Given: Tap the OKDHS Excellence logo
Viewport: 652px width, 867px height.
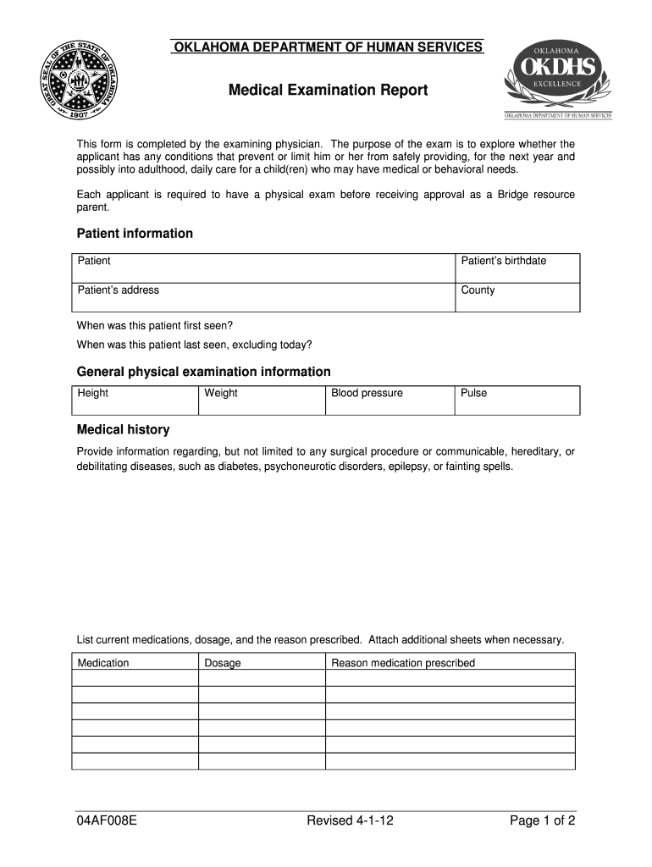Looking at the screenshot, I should [557, 78].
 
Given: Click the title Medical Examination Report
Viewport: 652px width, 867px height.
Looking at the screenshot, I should [327, 91].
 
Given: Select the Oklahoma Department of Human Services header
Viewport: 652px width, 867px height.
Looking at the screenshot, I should [327, 47].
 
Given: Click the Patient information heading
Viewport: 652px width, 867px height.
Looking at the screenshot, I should [135, 233].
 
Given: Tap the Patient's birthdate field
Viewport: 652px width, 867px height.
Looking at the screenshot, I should [517, 268].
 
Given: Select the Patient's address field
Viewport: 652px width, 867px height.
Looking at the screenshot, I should [263, 297].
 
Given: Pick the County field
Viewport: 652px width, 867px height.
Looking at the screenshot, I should [517, 297].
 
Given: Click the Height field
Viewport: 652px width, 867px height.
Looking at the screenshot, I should [135, 400].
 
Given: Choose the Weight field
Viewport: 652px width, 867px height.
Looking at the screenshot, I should [262, 400].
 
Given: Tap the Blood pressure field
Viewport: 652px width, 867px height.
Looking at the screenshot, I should [390, 400].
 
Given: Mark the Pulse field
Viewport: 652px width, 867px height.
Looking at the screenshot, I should [517, 400].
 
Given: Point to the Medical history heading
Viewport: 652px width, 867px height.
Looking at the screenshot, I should [123, 429].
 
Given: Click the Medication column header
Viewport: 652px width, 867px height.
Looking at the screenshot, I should [103, 663].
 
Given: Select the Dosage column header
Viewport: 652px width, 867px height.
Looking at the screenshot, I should [223, 663].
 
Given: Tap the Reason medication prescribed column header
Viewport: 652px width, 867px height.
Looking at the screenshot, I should [403, 663].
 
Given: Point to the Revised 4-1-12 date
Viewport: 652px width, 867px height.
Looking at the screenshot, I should [350, 820].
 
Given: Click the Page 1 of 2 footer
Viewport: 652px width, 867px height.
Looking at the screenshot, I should [543, 820].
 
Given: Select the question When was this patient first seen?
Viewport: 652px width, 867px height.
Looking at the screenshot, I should [155, 325].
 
